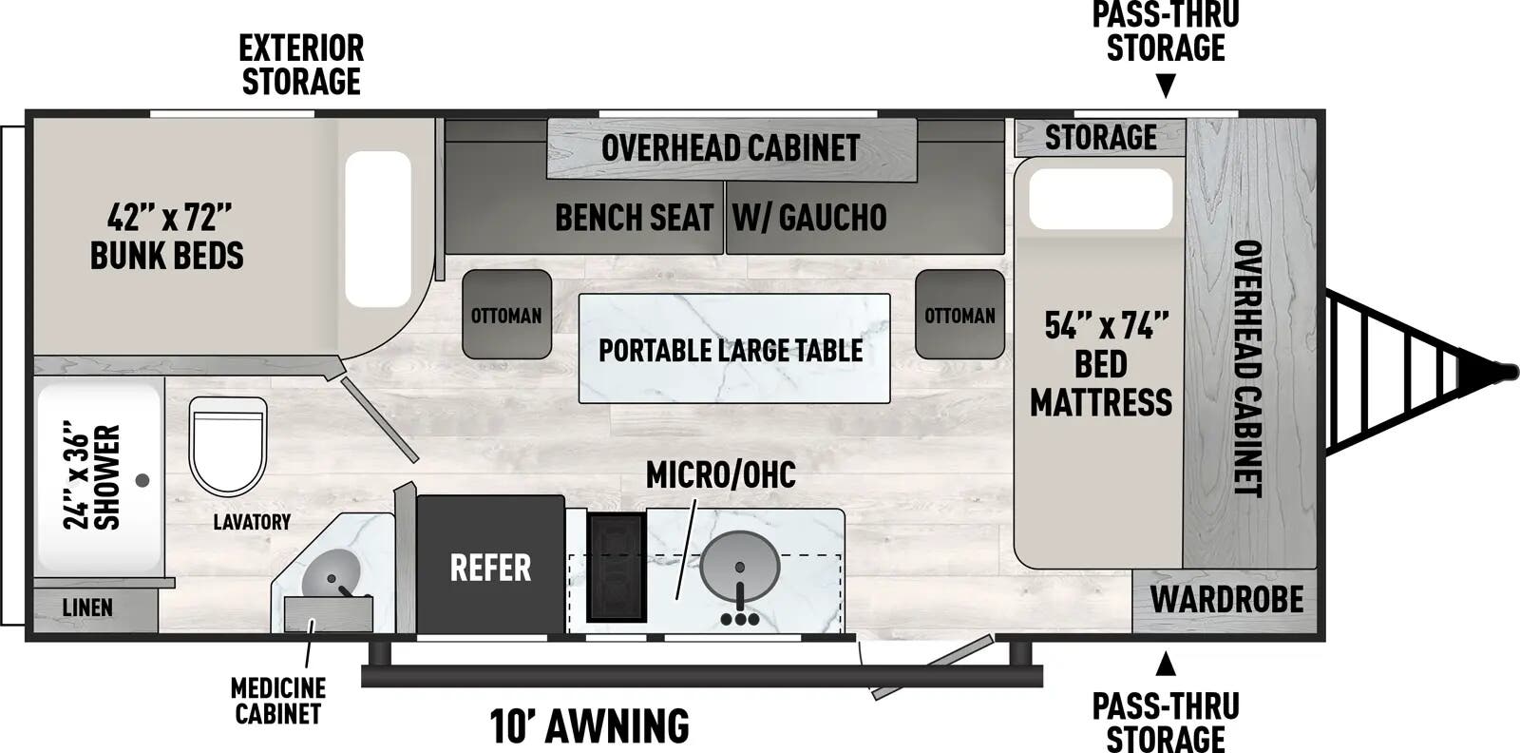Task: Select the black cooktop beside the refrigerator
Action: [x=616, y=568]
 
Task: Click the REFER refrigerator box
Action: [x=490, y=566]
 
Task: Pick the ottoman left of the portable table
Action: [x=506, y=315]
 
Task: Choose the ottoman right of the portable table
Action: [x=959, y=315]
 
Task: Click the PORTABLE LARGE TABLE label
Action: [x=731, y=350]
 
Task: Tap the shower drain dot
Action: [x=142, y=480]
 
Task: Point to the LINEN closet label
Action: [x=87, y=608]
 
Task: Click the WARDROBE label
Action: [x=1226, y=600]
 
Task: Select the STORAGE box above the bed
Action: [x=1100, y=138]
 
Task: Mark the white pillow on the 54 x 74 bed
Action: [x=1100, y=199]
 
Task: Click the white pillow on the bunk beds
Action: [x=378, y=228]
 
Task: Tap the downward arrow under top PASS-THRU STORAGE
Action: [x=1166, y=87]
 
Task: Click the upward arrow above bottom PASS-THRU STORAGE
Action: [x=1166, y=664]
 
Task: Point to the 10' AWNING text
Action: [x=589, y=726]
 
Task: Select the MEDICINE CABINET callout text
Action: [x=278, y=701]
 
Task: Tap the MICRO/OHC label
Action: [x=720, y=474]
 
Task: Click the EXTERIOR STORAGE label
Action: [x=301, y=65]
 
